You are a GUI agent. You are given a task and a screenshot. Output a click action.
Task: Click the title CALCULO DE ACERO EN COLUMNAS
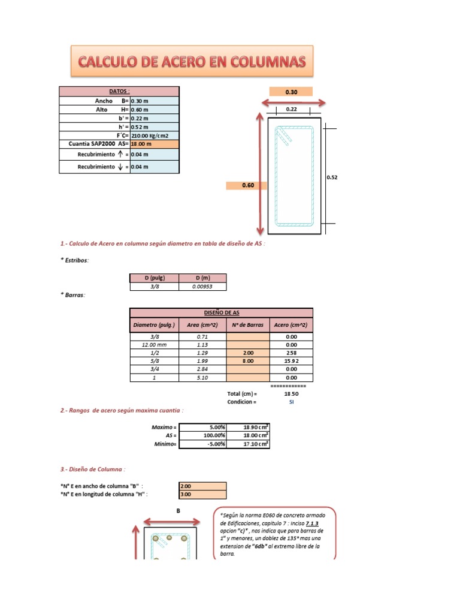(192, 61)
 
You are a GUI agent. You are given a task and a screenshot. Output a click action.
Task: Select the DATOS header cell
(119, 91)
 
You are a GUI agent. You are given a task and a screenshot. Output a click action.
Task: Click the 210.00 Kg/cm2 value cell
(154, 136)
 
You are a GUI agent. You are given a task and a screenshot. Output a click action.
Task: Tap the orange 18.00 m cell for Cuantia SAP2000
(154, 145)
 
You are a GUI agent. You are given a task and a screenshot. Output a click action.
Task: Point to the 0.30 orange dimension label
(291, 92)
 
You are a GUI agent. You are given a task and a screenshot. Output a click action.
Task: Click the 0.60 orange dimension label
(248, 185)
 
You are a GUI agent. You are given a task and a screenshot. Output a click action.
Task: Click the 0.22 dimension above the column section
(292, 109)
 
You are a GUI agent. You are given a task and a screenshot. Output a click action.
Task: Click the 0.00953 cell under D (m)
(202, 287)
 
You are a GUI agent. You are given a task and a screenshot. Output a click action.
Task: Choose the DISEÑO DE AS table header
(222, 312)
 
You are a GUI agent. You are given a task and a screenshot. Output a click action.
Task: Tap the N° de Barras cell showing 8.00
(248, 362)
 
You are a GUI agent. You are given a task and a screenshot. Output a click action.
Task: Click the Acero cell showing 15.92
(291, 362)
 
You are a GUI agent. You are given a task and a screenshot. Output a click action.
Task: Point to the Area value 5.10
(202, 378)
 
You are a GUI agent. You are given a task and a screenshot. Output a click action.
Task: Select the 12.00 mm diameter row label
(154, 345)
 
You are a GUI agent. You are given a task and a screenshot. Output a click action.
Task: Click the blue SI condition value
(291, 402)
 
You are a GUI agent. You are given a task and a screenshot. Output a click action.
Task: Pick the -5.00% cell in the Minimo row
(202, 444)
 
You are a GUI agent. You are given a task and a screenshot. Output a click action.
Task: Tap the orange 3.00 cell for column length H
(202, 495)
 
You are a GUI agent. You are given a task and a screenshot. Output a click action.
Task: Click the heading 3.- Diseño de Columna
(93, 469)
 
